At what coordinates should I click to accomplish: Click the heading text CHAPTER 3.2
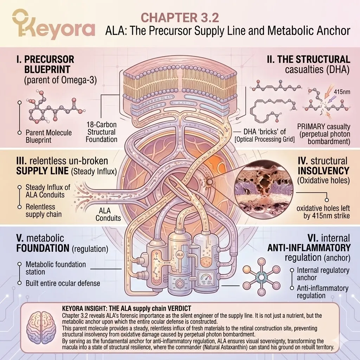180,17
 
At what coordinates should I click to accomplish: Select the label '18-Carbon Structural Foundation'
102,132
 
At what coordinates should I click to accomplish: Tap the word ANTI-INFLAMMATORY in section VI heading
309,247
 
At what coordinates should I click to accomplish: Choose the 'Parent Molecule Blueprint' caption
49,136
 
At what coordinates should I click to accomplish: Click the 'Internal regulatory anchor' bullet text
323,274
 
